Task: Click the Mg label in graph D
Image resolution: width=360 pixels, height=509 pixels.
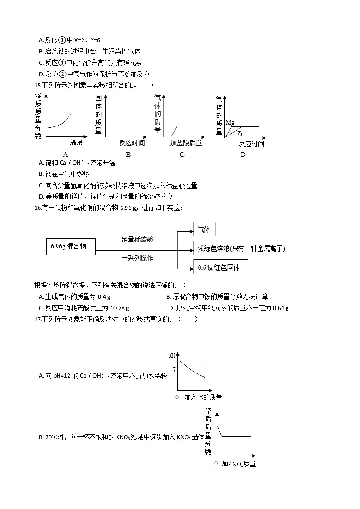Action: pos(230,122)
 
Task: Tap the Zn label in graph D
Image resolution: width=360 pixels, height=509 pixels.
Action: pos(240,134)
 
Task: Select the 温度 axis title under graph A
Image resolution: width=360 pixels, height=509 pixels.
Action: pos(76,142)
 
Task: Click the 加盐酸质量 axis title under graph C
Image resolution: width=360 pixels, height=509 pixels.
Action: pos(186,143)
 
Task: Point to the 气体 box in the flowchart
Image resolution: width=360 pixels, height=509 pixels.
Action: pos(204,229)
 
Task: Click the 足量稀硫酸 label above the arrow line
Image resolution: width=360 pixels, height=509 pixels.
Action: pos(137,239)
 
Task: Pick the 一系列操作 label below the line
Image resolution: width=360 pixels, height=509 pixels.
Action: pos(137,258)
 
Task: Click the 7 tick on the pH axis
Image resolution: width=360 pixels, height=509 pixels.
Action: pos(175,369)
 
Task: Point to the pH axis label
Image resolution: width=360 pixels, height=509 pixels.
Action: pos(172,356)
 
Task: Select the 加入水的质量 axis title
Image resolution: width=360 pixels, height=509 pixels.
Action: pos(203,397)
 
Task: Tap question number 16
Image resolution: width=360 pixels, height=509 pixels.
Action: pos(38,208)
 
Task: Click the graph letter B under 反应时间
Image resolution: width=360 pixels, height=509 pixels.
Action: pos(128,155)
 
